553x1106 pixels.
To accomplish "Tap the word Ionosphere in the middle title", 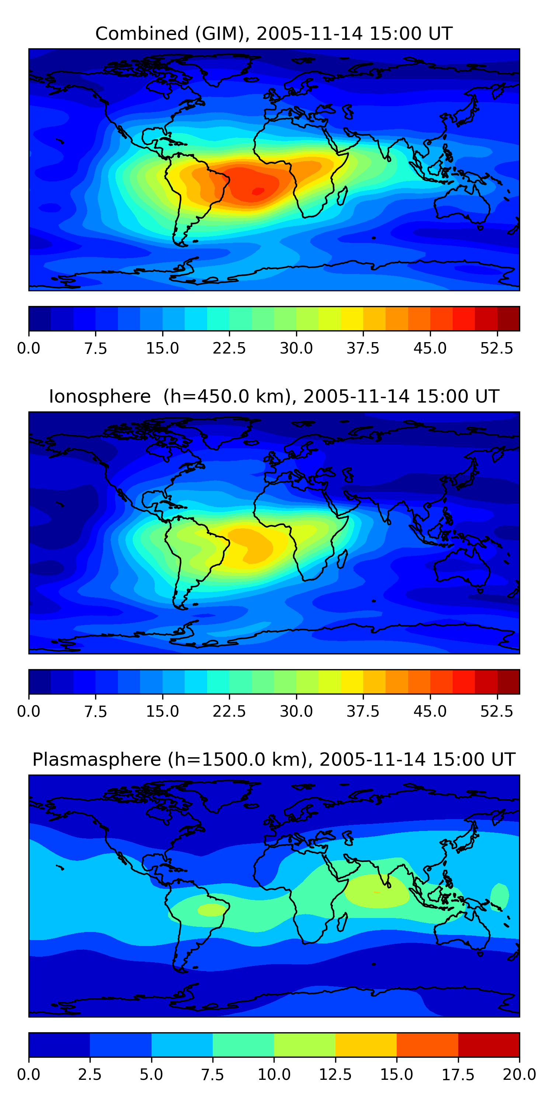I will [100, 396].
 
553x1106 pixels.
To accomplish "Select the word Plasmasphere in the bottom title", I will [97, 759].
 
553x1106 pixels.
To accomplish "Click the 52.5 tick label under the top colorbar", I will [497, 348].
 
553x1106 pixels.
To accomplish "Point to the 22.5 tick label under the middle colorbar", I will [229, 712].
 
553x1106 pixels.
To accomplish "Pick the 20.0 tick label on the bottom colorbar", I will [519, 1075].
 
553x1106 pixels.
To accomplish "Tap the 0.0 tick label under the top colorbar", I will [29, 348].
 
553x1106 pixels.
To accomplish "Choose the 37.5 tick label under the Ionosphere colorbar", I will [363, 712].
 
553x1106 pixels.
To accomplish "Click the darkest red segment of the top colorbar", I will [508, 319].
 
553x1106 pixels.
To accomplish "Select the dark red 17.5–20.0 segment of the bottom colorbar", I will [488, 1044].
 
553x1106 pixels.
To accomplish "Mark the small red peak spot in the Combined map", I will [258, 191].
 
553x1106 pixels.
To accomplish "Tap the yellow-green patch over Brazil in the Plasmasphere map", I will [211, 910].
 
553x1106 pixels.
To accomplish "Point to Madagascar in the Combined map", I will [342, 196].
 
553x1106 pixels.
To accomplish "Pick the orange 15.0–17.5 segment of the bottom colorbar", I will [427, 1044].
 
